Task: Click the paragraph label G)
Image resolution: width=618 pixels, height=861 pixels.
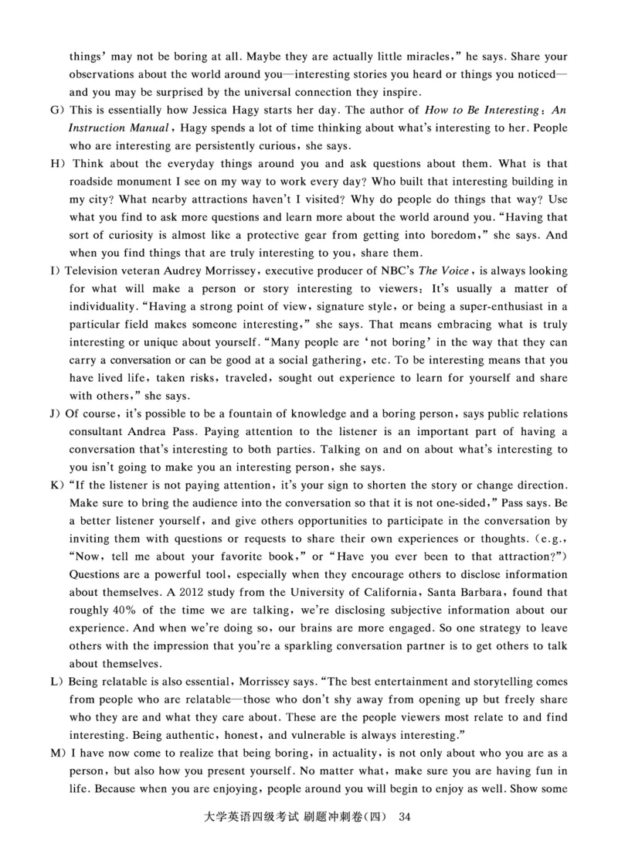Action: pos(55,112)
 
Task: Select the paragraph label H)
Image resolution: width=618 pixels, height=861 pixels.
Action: pos(56,164)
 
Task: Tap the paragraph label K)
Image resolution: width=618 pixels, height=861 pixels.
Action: pos(56,485)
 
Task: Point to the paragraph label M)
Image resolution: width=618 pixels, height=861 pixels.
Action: pos(56,754)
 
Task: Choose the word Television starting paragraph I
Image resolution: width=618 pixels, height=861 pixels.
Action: pos(97,271)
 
